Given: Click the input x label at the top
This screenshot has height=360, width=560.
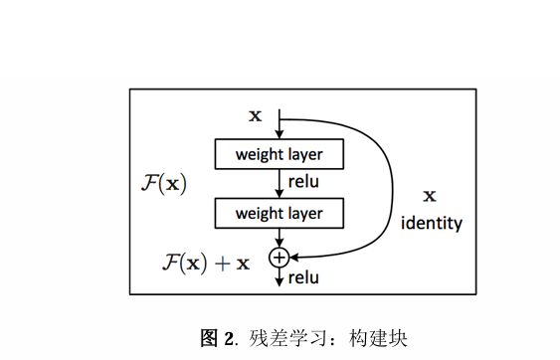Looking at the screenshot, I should coord(255,115).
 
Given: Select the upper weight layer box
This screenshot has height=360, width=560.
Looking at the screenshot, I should coord(279,154).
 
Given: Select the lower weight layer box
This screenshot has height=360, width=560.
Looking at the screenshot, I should coord(279,213).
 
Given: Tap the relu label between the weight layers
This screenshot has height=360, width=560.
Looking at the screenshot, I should coord(303,183).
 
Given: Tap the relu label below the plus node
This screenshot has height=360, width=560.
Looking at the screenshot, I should coord(303,278).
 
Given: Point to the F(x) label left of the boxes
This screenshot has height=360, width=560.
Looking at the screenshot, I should coord(164,185).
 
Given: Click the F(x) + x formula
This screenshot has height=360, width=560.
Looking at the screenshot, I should coord(206,263).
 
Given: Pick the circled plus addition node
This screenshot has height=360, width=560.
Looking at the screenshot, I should coord(280,257).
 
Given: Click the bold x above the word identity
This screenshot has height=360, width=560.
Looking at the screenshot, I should coord(430,196).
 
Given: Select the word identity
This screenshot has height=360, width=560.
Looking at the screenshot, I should coord(432,223).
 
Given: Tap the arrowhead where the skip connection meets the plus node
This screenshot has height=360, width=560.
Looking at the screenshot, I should coord(294,257).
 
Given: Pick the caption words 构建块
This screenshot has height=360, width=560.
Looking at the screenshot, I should coord(378,337).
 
